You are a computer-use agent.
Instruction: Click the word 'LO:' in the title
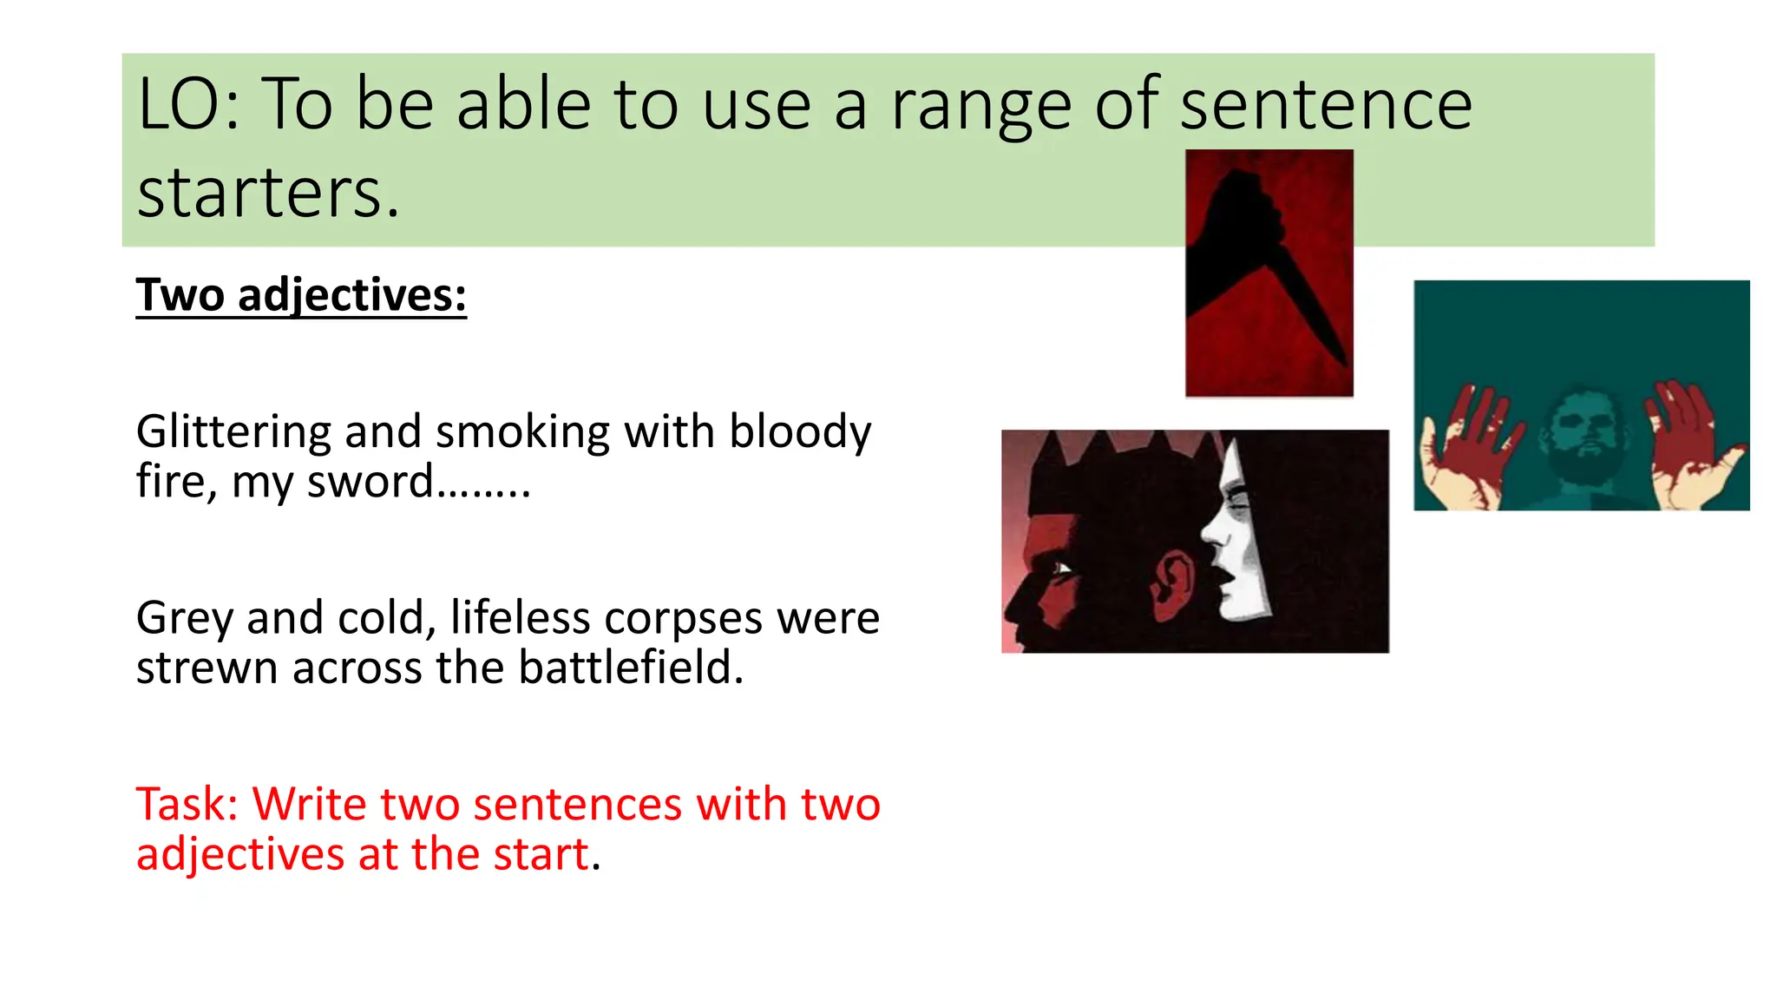coord(188,105)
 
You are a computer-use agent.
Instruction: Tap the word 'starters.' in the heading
coord(268,193)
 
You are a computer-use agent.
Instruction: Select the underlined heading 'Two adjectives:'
coord(301,295)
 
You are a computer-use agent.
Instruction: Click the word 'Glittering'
coord(233,432)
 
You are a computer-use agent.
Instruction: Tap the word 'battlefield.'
coord(631,668)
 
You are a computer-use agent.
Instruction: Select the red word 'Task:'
coord(187,804)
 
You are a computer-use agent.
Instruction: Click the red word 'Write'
coord(309,804)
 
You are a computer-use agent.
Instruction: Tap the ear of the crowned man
coord(1173,578)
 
